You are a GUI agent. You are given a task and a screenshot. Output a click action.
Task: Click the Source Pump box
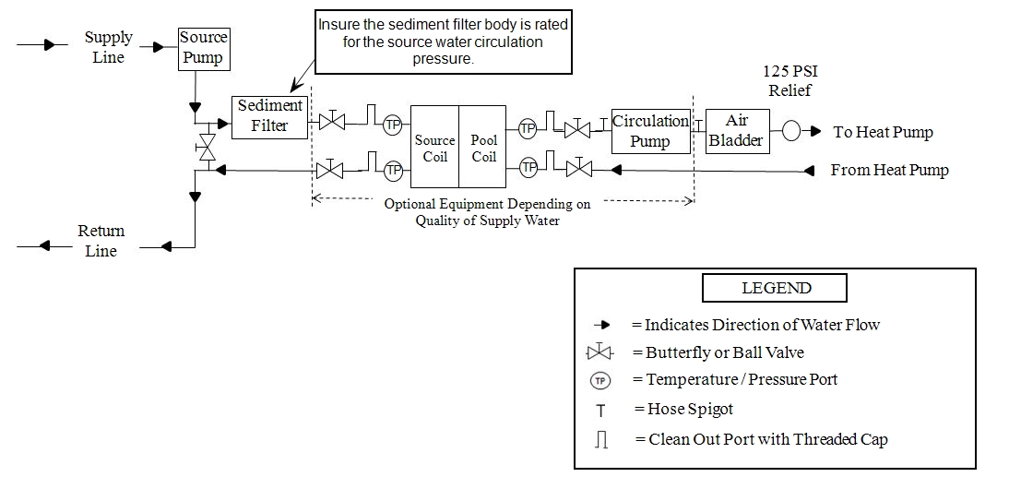tap(203, 48)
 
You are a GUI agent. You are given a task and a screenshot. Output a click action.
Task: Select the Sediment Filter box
tap(269, 116)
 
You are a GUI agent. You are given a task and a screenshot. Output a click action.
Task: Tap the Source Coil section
tap(434, 148)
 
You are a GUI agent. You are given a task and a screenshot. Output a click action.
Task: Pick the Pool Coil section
tap(483, 148)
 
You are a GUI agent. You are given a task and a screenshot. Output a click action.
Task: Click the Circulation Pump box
tap(651, 131)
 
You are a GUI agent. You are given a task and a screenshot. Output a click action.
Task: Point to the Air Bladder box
tap(737, 131)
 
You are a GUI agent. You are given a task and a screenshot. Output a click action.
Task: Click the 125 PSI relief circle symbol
tap(791, 131)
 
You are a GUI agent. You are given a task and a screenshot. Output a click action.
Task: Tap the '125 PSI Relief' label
tap(787, 80)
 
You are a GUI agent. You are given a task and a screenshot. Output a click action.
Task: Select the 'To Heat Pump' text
tap(883, 132)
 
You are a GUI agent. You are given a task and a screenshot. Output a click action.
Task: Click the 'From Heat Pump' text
tap(889, 170)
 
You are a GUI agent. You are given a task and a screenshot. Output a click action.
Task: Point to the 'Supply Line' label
tap(109, 47)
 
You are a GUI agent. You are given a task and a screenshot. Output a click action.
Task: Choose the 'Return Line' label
tap(101, 240)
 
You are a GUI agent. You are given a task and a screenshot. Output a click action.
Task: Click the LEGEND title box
tap(775, 288)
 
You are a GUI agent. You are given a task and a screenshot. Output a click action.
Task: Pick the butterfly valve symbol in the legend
tap(600, 352)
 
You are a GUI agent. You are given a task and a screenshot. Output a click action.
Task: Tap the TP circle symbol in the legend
tap(600, 380)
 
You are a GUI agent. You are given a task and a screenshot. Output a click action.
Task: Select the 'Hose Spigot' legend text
tap(683, 409)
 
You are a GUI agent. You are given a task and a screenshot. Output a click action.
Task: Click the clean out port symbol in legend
tap(601, 440)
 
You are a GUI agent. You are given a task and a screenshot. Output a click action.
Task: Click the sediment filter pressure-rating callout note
tap(443, 42)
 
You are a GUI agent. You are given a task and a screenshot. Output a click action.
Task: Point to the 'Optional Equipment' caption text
tap(487, 211)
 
